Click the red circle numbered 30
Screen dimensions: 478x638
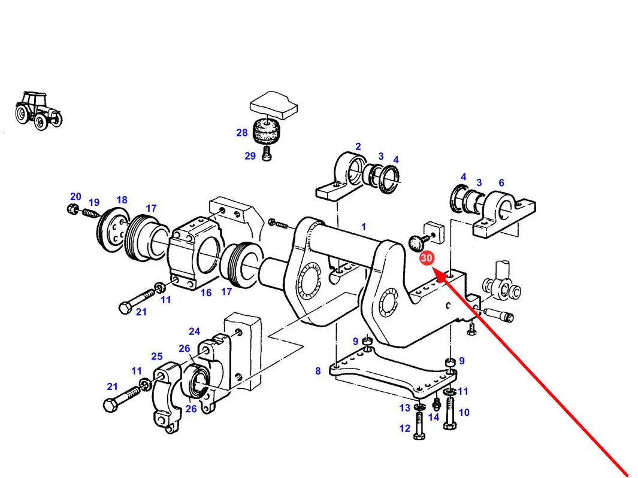pos(427,258)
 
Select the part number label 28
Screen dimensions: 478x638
pos(241,132)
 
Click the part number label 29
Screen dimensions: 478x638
pos(250,156)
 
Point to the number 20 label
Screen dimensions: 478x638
pos(75,196)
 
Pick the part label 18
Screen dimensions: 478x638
pos(122,200)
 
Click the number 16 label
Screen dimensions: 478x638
pos(206,293)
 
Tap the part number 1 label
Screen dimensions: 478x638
pos(363,227)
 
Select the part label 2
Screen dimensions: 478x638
pos(358,147)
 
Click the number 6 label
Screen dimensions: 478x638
pos(501,183)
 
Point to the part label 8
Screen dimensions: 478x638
pos(318,371)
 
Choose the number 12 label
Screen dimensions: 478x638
pos(405,428)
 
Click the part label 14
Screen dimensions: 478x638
pos(434,417)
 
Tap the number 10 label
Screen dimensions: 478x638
pos(464,412)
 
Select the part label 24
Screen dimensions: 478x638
pos(194,331)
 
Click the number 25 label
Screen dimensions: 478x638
pos(156,357)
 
